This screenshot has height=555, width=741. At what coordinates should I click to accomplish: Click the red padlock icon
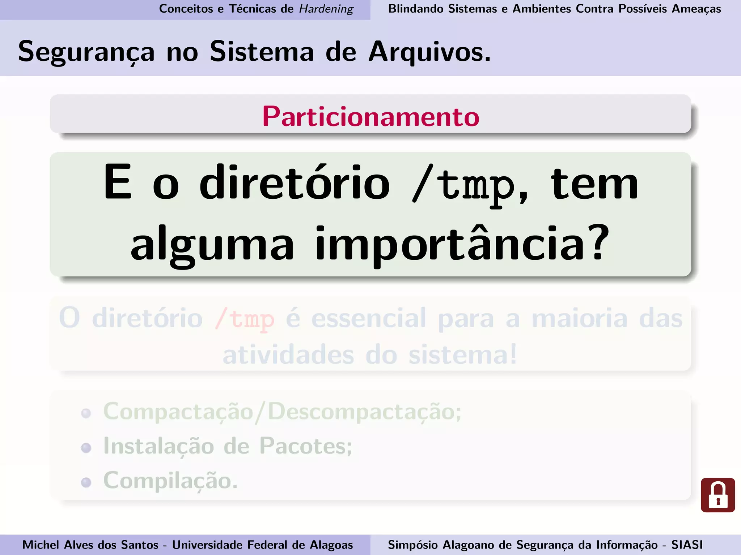coord(717,495)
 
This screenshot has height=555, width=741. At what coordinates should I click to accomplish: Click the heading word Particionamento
coord(370,116)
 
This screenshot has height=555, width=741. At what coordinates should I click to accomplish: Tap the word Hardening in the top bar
coord(326,9)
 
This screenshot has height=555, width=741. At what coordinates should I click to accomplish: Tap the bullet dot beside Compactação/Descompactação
coord(86,413)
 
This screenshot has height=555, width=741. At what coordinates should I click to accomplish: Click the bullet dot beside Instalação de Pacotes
coord(86,448)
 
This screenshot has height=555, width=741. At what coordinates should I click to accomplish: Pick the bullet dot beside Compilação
coord(86,482)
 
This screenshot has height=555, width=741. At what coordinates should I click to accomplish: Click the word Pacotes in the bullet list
coord(305,447)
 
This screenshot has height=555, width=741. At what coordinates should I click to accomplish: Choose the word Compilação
coord(170,481)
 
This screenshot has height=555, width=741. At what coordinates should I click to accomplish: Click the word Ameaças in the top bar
coord(696,9)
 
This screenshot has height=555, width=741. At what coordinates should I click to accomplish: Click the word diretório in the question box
coord(295,184)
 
